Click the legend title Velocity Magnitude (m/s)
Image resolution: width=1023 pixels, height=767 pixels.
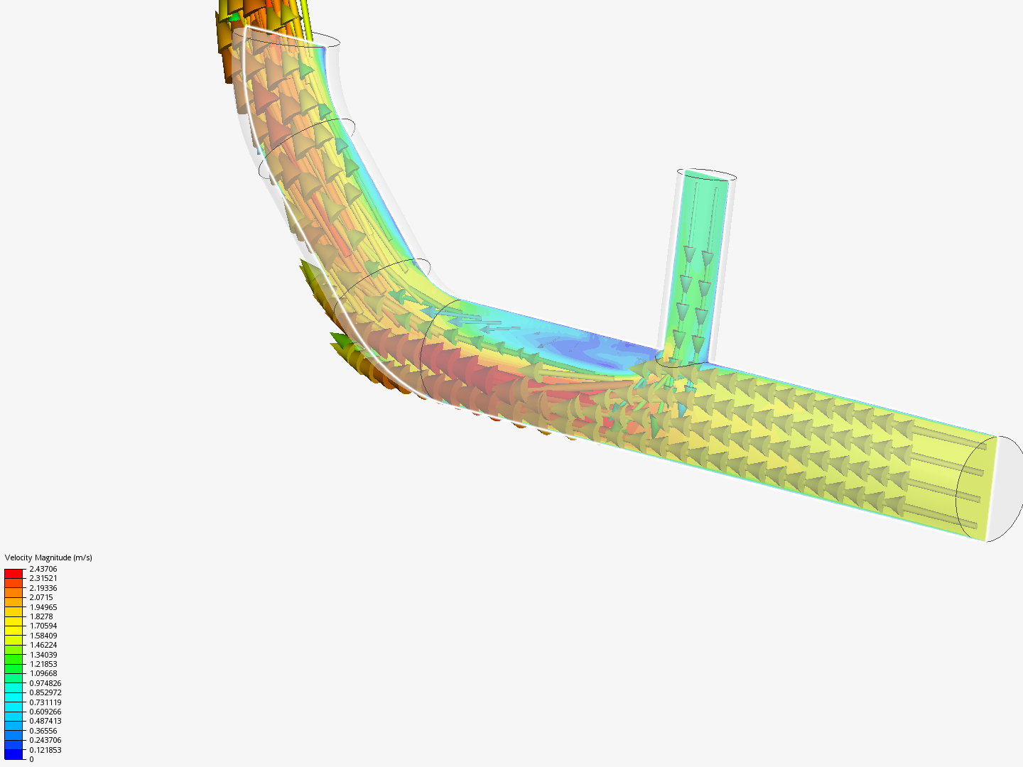click(48, 557)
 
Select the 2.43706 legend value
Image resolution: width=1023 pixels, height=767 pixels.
click(43, 569)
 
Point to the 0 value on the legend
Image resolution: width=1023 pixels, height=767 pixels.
click(31, 759)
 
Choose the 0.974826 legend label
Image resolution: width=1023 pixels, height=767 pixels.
click(45, 683)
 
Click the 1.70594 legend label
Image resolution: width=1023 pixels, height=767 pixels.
click(43, 626)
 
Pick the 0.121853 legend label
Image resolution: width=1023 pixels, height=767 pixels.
click(45, 750)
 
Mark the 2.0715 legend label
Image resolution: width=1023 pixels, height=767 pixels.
click(41, 597)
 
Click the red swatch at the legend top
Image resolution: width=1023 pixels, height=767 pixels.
click(13, 573)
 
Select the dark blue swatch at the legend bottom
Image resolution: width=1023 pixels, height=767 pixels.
click(13, 754)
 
